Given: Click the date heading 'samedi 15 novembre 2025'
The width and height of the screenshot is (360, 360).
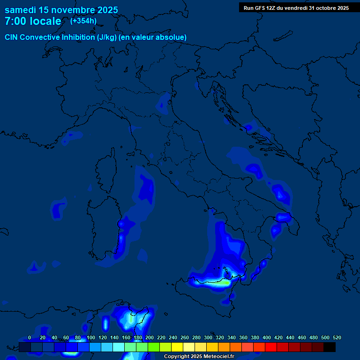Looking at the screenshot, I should coord(61,10).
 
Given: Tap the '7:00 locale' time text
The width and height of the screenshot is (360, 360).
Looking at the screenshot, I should coord(33,21).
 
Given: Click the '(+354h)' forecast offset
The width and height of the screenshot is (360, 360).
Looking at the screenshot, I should coord(83,21).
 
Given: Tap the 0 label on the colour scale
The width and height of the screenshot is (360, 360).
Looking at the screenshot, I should coord(30,337).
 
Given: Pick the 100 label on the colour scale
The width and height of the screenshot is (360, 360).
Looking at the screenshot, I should coord(91,337).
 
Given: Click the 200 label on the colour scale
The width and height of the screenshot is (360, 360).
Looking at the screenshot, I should coord(150,337).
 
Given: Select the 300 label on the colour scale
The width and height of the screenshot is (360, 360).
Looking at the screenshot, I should coord(208,337).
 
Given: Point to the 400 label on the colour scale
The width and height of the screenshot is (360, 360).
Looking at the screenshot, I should coord(267,337).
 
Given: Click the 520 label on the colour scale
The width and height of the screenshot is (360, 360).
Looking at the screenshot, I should coord(337,337).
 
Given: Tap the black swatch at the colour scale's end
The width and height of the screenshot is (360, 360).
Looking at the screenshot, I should coord(330,347).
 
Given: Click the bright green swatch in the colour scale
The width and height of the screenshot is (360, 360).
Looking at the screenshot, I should coord(154,347).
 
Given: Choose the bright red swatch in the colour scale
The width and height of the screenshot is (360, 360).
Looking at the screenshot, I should coord(271,347).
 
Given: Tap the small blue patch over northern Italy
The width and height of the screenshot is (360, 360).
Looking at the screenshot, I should coord(164,104).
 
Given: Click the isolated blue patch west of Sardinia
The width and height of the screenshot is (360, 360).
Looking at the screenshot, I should coord(58,209).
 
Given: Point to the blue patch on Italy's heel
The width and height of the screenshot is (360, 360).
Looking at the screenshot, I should coord(283,217).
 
